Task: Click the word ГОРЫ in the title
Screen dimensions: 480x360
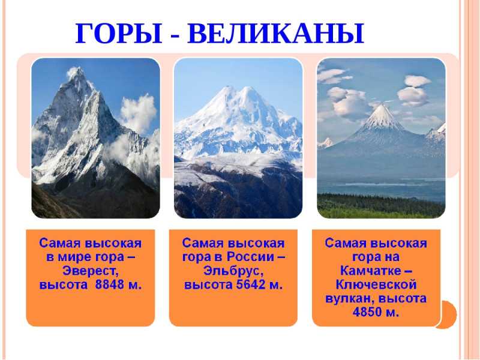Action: [119, 34]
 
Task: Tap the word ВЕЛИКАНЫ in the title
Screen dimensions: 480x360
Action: [276, 34]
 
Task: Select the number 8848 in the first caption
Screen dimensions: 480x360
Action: [109, 284]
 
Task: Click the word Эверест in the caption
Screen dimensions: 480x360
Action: [91, 271]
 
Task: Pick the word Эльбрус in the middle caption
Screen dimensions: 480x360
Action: [233, 271]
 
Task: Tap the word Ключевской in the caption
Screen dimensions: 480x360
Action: [376, 284]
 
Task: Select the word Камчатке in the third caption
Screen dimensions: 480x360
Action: [370, 271]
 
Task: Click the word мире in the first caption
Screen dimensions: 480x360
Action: [76, 257]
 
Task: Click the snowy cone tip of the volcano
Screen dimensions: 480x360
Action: [382, 106]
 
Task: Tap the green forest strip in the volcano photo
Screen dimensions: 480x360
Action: [381, 206]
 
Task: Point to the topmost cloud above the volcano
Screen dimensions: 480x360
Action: [418, 81]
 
